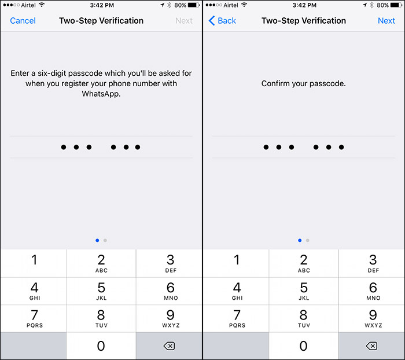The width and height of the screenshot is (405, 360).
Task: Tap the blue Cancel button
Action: click(x=23, y=21)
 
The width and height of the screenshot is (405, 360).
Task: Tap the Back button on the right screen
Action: click(x=222, y=21)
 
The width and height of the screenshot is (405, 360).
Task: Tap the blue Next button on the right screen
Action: click(x=386, y=21)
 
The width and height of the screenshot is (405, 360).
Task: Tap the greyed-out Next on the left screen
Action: click(x=184, y=21)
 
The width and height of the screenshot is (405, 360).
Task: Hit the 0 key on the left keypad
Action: click(x=101, y=346)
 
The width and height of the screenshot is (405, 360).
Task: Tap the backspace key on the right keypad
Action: click(x=371, y=346)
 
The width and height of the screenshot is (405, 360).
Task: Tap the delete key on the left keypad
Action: click(x=169, y=346)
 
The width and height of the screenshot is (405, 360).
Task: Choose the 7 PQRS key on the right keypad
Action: click(x=237, y=318)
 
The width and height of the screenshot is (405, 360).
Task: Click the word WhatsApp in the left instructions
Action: click(x=101, y=94)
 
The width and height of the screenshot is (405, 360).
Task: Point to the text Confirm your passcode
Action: click(x=304, y=83)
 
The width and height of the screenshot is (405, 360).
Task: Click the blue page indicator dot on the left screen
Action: click(x=97, y=240)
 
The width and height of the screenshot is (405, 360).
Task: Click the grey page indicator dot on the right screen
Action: click(x=307, y=240)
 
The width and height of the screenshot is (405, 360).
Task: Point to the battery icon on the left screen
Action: click(x=194, y=5)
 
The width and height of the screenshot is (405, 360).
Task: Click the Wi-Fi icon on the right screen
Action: click(x=244, y=5)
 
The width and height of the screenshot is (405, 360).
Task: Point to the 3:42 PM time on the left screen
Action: click(x=102, y=5)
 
